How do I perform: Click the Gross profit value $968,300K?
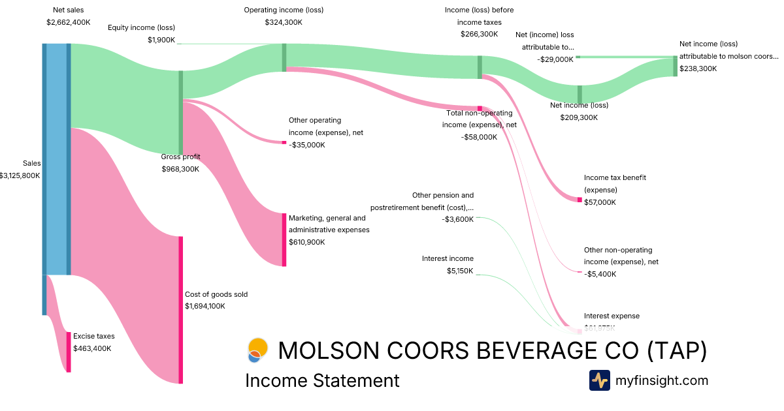point(180,169)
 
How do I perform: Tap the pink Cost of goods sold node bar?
point(181,310)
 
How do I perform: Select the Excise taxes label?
point(93,336)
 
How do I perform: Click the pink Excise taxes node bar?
point(68,352)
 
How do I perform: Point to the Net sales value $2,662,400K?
point(69,22)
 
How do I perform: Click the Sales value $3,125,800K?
point(20,175)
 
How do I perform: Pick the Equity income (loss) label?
point(141,27)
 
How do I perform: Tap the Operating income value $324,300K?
point(284,22)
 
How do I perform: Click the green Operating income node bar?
point(284,57)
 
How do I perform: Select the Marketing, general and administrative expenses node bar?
point(284,239)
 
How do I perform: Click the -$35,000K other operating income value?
point(306,145)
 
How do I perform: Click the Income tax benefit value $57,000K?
point(600,202)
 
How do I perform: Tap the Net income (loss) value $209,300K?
point(579,117)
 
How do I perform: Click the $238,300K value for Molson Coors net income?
point(698,68)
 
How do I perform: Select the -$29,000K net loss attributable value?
point(555,59)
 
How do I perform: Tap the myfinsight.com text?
point(662,380)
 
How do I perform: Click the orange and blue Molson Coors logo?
point(257,350)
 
